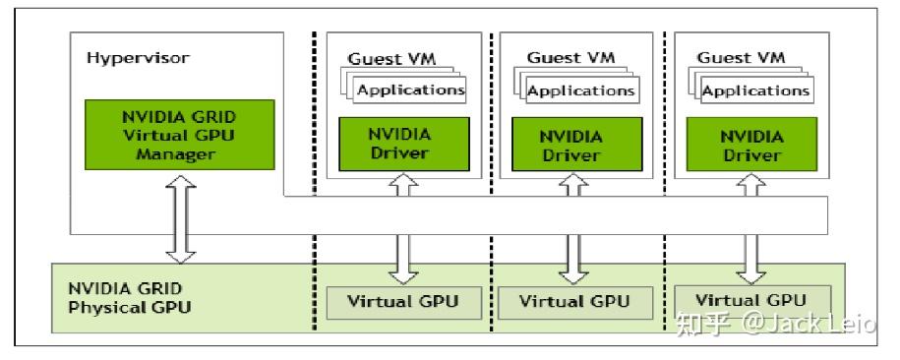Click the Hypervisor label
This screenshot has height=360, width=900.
tap(138, 57)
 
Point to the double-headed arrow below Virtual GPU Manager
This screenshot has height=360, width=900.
tap(180, 219)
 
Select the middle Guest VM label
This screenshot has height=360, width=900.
tap(570, 57)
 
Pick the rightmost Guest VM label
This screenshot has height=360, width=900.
tap(741, 57)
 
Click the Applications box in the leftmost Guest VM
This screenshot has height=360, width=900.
tap(409, 90)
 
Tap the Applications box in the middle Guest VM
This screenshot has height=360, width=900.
tap(581, 90)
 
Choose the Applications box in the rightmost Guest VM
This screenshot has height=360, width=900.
tap(754, 90)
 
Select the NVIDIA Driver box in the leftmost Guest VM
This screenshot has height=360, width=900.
tap(399, 144)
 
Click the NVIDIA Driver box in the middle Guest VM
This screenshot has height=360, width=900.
tap(571, 144)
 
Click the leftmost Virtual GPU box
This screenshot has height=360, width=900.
tap(402, 301)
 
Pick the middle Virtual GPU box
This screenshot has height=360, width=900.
tap(574, 301)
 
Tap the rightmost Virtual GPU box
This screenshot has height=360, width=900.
tap(751, 299)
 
